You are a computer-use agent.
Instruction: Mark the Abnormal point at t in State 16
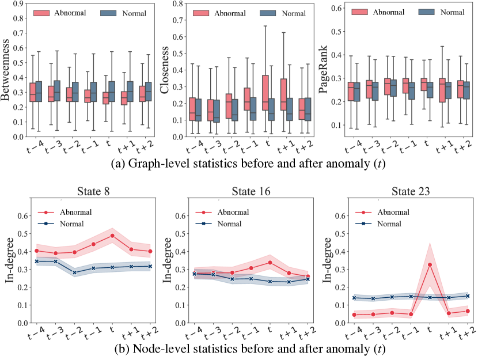click(x=270, y=262)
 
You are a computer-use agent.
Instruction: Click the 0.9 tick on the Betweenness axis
click(x=21, y=4)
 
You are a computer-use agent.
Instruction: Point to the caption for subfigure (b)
click(x=238, y=348)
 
